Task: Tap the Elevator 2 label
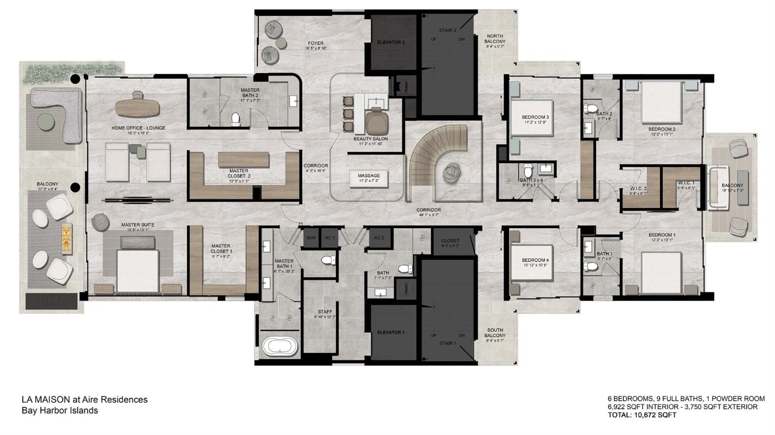391,41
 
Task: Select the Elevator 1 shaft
391,332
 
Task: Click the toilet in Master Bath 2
236,118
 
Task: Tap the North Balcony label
494,40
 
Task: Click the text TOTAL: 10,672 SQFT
641,415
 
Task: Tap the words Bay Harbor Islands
59,410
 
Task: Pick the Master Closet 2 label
240,173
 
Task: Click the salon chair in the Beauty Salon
374,122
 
